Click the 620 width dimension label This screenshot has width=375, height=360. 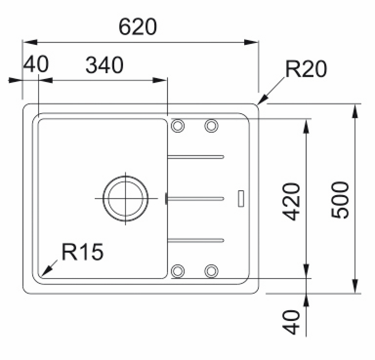[x=138, y=27]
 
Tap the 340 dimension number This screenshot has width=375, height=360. [x=104, y=65]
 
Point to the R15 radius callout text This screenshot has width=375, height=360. [x=83, y=252]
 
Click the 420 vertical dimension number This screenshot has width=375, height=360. [x=291, y=201]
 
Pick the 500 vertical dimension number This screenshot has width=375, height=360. [x=340, y=200]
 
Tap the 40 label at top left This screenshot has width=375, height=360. [x=36, y=64]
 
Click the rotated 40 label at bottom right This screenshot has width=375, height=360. [x=291, y=322]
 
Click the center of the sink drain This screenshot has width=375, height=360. [x=125, y=198]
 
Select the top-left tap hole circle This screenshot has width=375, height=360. [x=178, y=125]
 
